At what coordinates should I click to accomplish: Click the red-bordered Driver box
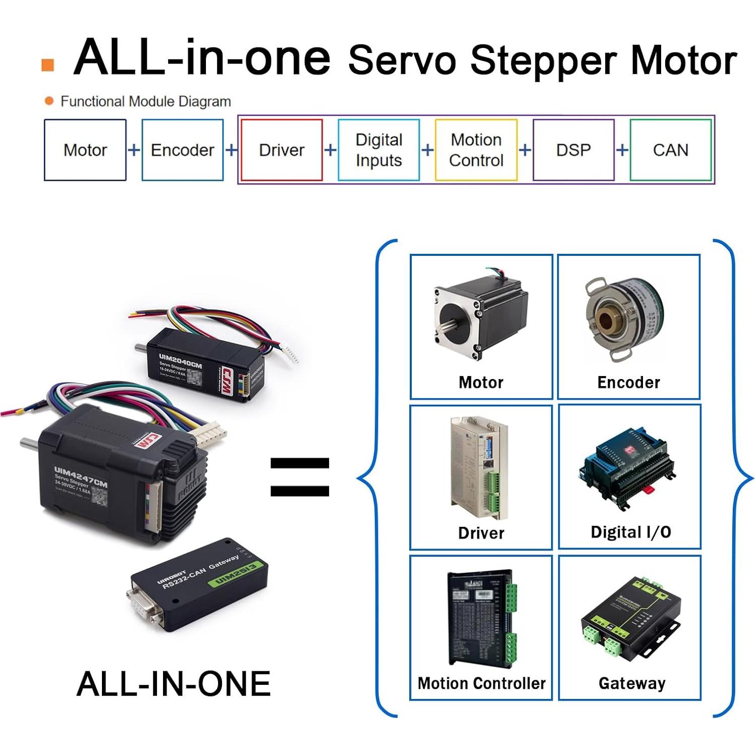282,150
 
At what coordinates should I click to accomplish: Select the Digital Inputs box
379,150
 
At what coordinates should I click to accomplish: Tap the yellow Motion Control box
476,150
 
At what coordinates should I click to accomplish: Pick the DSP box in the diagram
573,150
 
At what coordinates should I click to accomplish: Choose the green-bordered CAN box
670,150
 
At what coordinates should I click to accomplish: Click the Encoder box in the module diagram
182,150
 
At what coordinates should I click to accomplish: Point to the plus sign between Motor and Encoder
134,150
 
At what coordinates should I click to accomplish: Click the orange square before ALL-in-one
47,65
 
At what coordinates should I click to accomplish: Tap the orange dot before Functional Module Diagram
49,101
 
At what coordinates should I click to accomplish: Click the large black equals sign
300,476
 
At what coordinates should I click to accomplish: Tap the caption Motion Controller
481,683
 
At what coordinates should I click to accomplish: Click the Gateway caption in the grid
632,683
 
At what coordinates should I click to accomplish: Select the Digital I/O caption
631,532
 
